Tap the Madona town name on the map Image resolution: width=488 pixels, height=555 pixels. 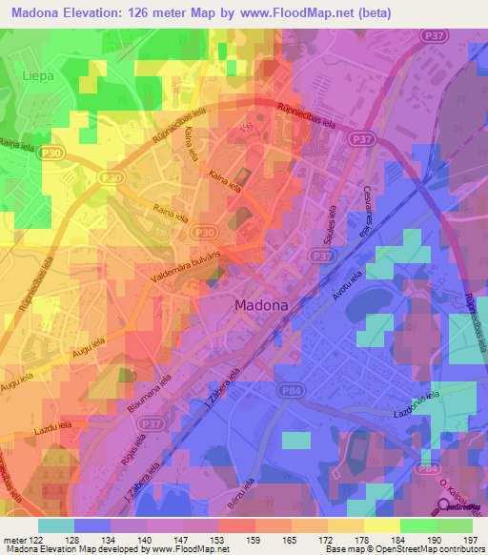pyautogui.click(x=260, y=306)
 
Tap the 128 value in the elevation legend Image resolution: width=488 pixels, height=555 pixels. pyautogui.click(x=92, y=540)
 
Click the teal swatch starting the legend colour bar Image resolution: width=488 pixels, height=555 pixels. pyautogui.click(x=56, y=525)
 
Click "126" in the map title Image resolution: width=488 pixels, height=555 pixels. pyautogui.click(x=161, y=10)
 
